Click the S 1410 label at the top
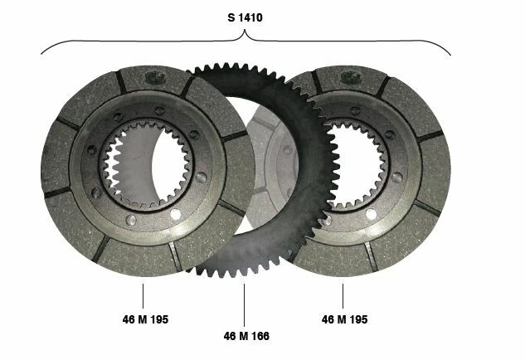245,17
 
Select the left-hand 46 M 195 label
145,319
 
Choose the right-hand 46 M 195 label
344,319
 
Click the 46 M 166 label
246,336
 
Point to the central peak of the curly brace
245,30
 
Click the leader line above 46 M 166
244,305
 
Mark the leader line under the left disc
143,296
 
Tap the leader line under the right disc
343,296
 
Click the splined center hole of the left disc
146,164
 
